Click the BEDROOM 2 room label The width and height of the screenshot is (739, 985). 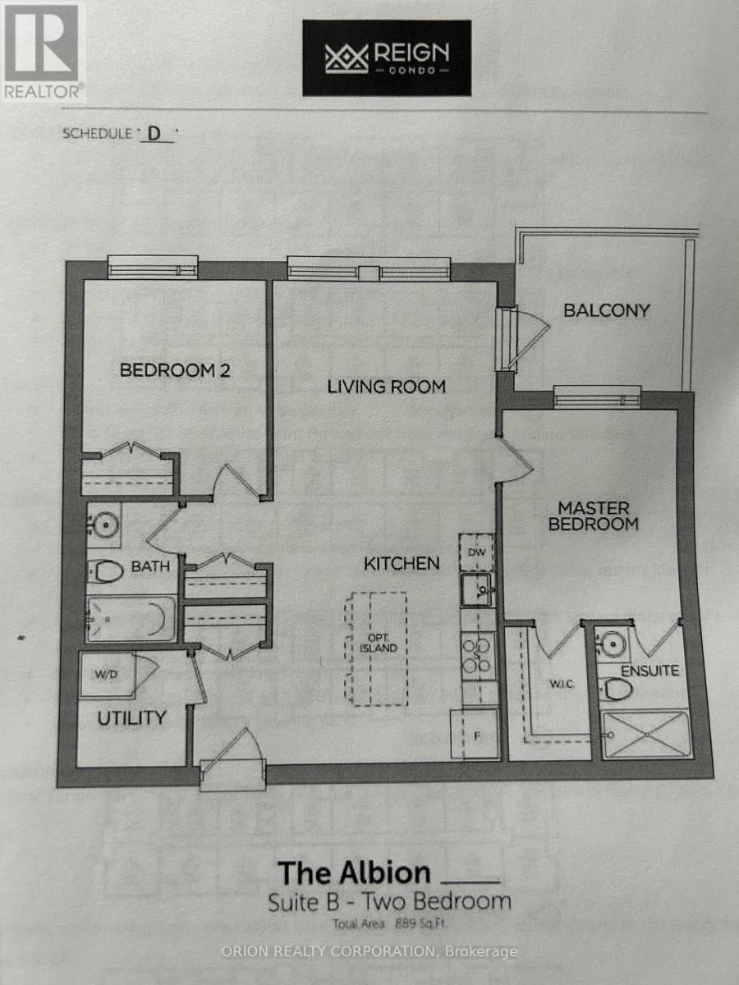[x=175, y=370]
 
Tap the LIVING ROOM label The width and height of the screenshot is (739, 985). [x=386, y=386]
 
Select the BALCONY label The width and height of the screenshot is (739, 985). [x=606, y=310]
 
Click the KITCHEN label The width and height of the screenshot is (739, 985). [x=402, y=563]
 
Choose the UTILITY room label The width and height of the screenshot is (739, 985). [x=131, y=717]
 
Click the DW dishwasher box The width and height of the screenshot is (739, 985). [x=476, y=552]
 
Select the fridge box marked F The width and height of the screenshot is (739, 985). [x=475, y=733]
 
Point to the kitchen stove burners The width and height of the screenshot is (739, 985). [x=478, y=655]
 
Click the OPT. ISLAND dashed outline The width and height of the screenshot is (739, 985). [x=376, y=648]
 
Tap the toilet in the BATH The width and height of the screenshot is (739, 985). [x=105, y=570]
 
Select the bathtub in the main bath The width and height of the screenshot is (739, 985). [x=131, y=618]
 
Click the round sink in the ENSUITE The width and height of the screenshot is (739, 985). [x=611, y=643]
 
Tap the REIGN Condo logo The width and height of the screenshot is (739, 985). [x=387, y=58]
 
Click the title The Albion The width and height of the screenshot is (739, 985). [x=354, y=872]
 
